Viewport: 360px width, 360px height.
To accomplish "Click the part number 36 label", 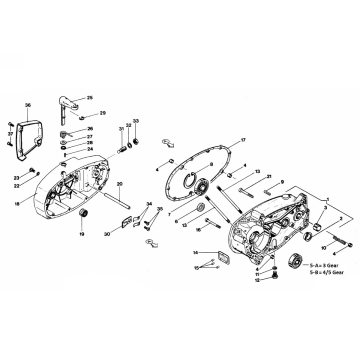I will click(x=28, y=105).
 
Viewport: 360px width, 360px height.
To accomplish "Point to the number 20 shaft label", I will click(x=118, y=186).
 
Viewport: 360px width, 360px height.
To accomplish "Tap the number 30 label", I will click(x=107, y=234).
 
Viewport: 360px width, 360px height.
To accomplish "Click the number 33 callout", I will click(x=137, y=120).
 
